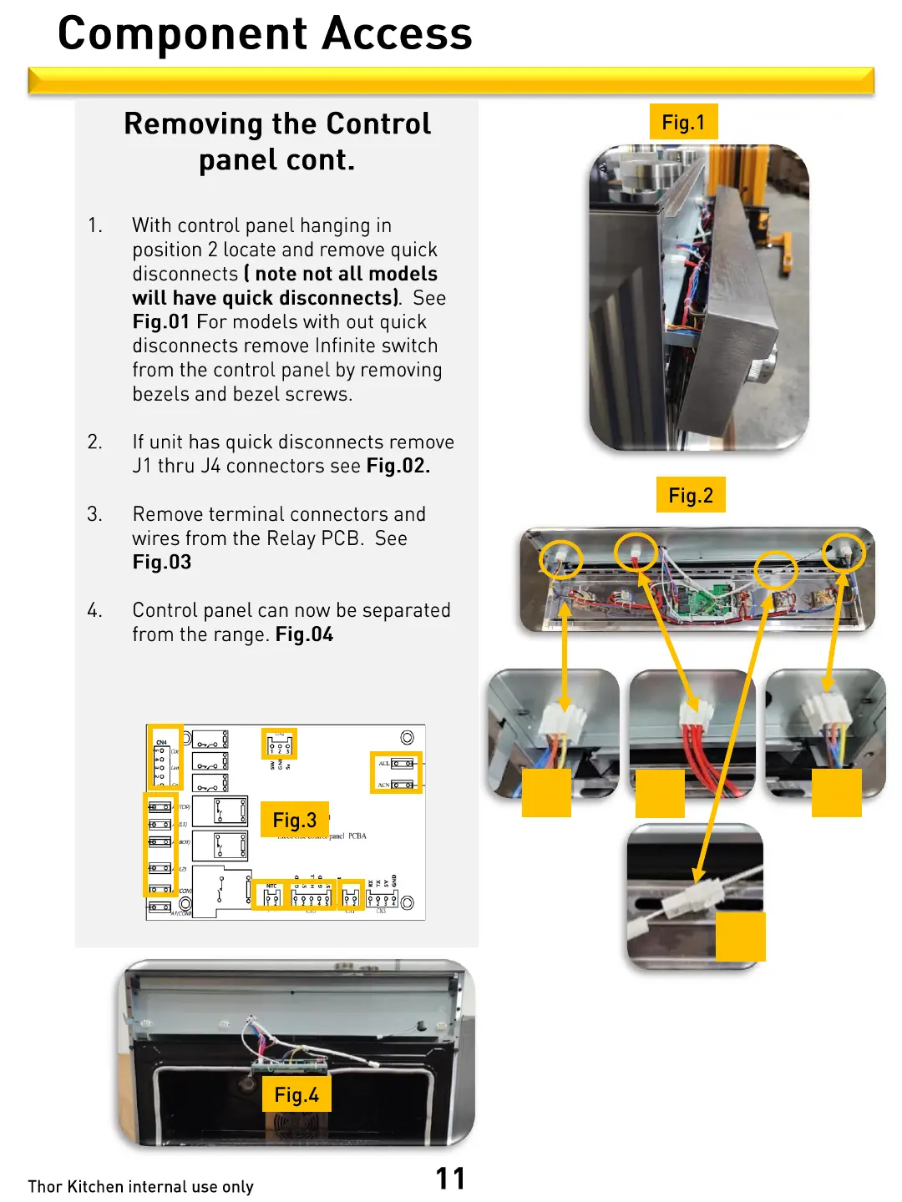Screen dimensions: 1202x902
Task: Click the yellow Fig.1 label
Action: pos(683,122)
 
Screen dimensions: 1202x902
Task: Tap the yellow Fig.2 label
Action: pos(691,495)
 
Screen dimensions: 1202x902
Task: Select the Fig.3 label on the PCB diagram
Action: pos(295,820)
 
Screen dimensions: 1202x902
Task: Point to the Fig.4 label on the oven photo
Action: pos(296,1094)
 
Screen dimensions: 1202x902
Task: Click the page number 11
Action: pos(450,1178)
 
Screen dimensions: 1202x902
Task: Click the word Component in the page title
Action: pos(183,34)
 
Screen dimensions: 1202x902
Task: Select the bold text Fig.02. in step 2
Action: pos(398,466)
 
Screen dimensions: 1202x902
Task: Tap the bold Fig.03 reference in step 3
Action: pos(162,562)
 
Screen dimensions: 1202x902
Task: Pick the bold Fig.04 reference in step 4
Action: pos(305,634)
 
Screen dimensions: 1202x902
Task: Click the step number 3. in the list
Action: pos(94,514)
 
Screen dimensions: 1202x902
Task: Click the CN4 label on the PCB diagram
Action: pos(162,741)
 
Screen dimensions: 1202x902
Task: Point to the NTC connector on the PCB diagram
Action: pos(271,895)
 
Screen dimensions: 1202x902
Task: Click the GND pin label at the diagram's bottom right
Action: pos(394,881)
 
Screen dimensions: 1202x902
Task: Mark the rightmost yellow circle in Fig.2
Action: pos(844,553)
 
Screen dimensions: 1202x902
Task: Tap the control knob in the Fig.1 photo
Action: pos(760,366)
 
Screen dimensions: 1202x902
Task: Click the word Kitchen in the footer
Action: pos(99,1186)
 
